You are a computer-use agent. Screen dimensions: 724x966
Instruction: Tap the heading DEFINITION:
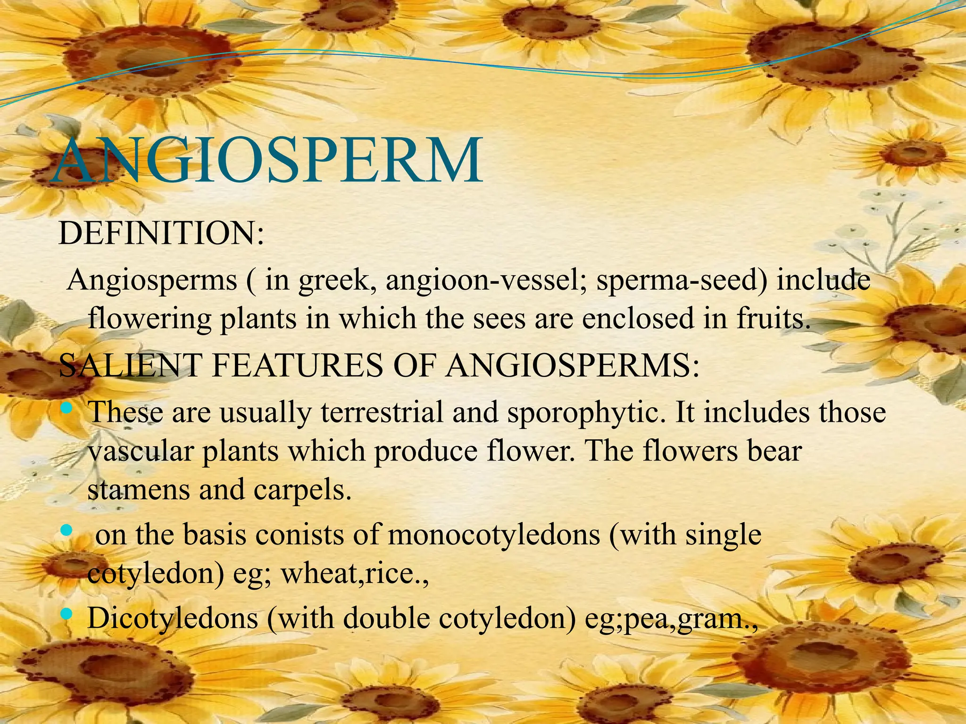161,233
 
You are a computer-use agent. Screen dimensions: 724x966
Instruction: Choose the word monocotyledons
493,536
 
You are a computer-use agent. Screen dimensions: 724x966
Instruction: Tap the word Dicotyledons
173,618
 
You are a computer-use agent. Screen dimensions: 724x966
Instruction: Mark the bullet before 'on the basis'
67,531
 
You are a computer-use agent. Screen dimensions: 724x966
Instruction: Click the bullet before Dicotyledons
67,614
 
